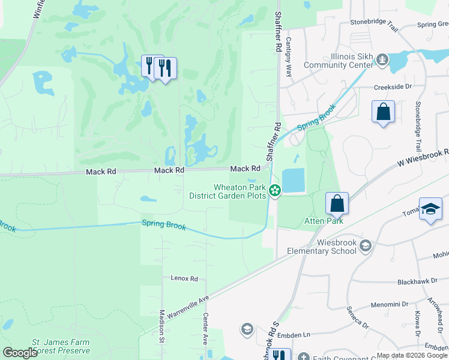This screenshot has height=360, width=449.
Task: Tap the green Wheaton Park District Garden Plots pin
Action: [x=275, y=191]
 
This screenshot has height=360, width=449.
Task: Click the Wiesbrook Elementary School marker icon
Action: [x=366, y=246]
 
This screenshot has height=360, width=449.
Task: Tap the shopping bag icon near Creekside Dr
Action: [x=382, y=112]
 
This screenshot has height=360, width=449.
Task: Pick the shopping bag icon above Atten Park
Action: [x=337, y=203]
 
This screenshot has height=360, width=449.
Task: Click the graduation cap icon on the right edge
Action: [x=430, y=209]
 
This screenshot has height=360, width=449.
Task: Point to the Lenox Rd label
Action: [x=184, y=278]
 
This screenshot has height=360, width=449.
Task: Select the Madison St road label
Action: [x=161, y=326]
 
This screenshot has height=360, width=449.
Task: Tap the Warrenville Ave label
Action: [x=188, y=306]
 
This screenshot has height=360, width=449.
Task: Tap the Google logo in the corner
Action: [x=20, y=353]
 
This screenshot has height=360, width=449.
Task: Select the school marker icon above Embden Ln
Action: [x=247, y=329]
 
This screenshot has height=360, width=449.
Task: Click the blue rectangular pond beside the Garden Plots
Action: [x=292, y=181]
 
